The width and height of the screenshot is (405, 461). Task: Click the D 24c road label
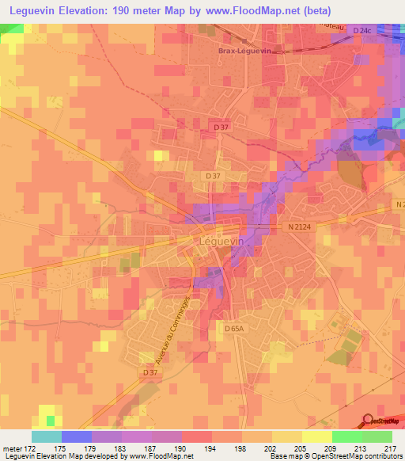pos(362,30)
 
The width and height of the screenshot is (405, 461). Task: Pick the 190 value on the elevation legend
pos(181,448)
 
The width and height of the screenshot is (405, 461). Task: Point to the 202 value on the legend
pos(271,448)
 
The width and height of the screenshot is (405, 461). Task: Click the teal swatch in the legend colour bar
pos(46,436)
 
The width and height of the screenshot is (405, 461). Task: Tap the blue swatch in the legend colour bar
pos(76,436)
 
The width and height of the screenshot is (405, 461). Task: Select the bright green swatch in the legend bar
pos(347,436)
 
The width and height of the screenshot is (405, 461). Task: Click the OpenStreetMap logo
pos(381,422)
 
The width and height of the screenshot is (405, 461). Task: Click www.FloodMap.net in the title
pos(254,10)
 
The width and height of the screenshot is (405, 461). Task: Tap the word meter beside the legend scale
pos(12,448)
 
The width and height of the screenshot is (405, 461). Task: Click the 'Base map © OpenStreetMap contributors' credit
pos(336,456)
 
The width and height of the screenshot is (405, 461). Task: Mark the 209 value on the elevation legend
pos(331,448)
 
